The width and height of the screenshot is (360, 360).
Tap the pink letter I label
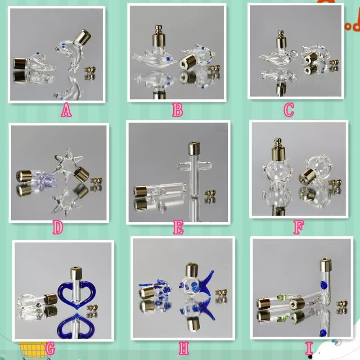click(x=309, y=348)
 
